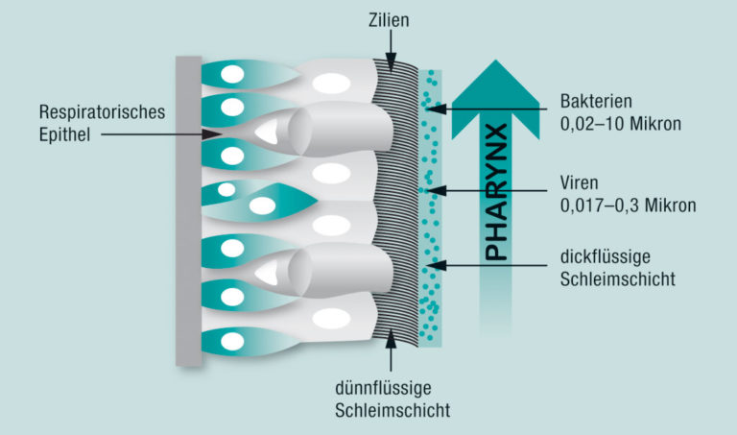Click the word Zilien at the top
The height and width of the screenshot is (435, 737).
pos(388,20)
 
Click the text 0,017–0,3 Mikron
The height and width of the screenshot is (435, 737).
pos(629,204)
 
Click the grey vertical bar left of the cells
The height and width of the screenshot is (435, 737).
pos(188,210)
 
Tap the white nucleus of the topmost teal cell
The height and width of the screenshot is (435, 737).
pos(231,73)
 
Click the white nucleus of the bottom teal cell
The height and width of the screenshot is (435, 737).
pos(231,340)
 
